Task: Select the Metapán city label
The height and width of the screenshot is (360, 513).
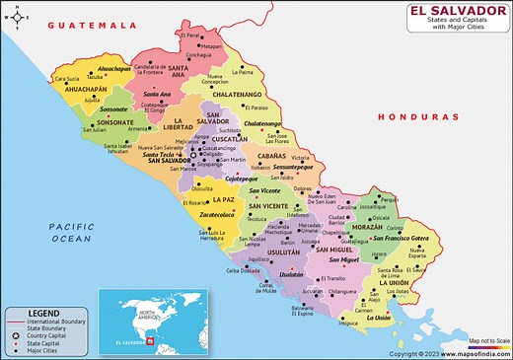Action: (x=212, y=45)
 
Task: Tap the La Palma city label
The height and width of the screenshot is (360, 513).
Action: (x=244, y=72)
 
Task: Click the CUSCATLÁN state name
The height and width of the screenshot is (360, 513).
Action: (x=229, y=140)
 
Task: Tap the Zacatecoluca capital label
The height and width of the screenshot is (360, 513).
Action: (x=216, y=213)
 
